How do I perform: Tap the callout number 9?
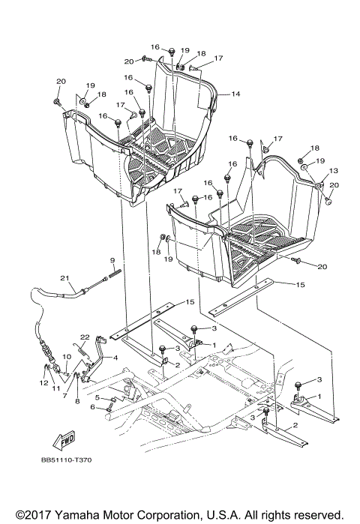pyautogui.click(x=111, y=260)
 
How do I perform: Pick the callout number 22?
pyautogui.click(x=85, y=337)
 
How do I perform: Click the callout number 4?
pyautogui.click(x=115, y=358)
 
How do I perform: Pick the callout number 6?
pyautogui.click(x=92, y=407)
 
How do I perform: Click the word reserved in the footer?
pyautogui.click(x=314, y=515)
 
